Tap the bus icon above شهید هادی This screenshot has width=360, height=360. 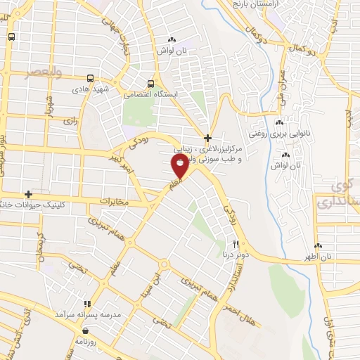click(90, 79)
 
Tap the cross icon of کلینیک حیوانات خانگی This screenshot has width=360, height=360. click(28, 194)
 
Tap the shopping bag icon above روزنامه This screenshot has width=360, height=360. click(86, 329)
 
